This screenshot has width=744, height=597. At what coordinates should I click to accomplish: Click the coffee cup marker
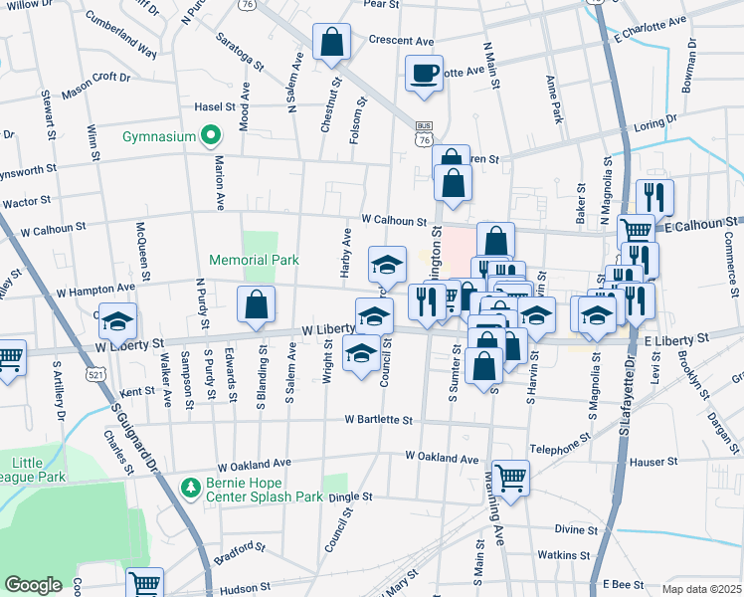pyautogui.click(x=425, y=75)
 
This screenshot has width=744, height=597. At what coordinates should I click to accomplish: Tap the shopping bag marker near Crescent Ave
pyautogui.click(x=332, y=44)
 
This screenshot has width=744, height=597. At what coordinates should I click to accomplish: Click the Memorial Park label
pyautogui.click(x=254, y=260)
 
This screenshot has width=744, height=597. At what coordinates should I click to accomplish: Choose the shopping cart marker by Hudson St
pyautogui.click(x=145, y=584)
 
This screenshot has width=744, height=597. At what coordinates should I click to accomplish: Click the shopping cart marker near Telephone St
pyautogui.click(x=511, y=477)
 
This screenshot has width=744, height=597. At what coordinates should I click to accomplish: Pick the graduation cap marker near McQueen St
pyautogui.click(x=118, y=322)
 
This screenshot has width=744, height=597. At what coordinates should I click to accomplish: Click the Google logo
pyautogui.click(x=33, y=585)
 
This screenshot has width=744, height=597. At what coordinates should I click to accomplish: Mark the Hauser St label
pyautogui.click(x=656, y=462)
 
